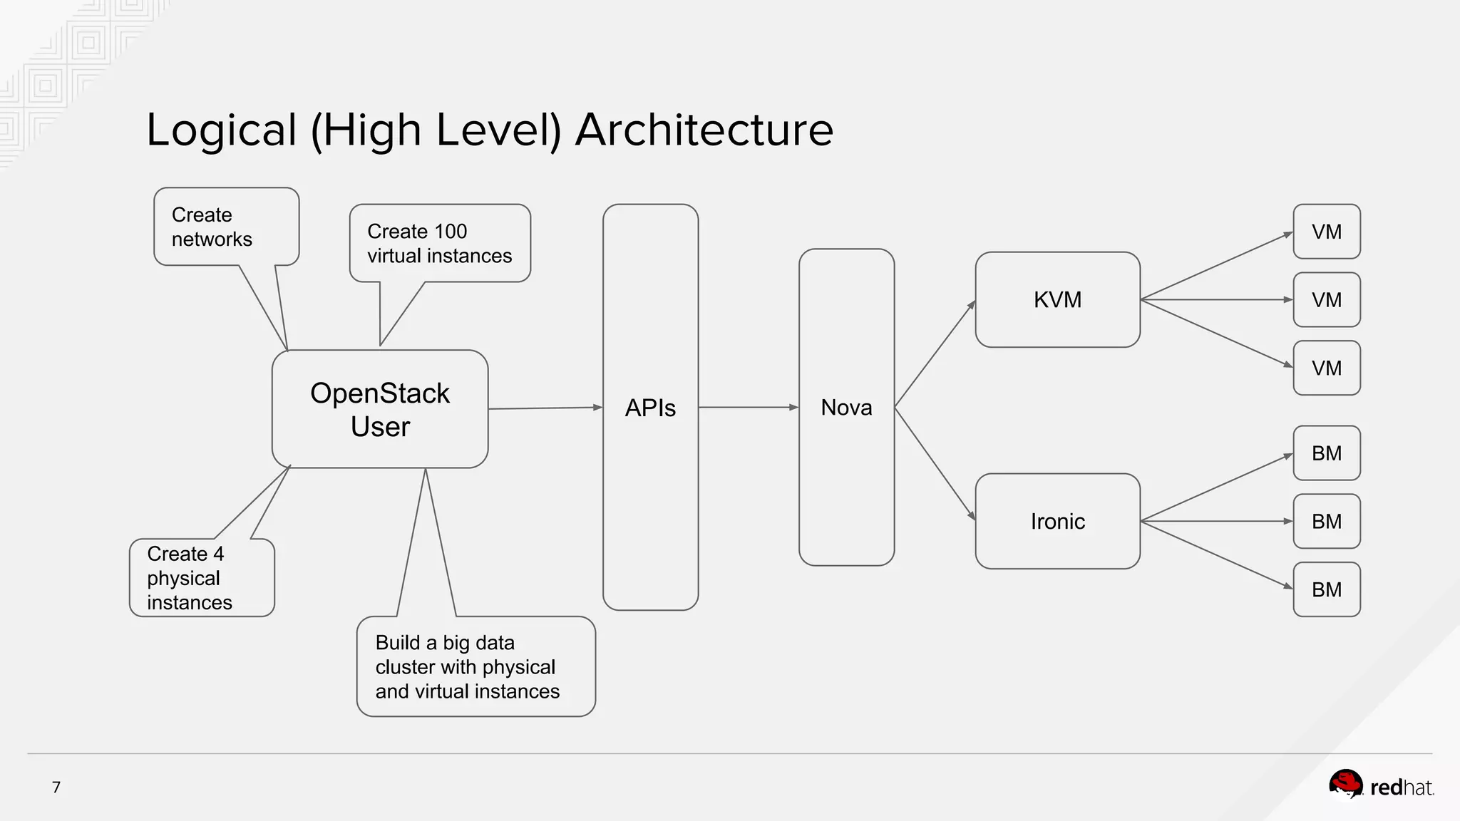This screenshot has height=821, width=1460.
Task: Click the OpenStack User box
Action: [380, 409]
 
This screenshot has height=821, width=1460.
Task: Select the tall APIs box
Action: [650, 407]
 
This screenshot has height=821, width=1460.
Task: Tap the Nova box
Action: [846, 407]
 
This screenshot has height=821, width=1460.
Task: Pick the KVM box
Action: [1057, 299]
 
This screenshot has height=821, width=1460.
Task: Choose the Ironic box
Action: [1057, 521]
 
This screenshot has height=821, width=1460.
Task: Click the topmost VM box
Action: [1326, 232]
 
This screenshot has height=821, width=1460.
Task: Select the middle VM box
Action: [1326, 300]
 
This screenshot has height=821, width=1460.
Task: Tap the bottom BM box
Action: [1326, 589]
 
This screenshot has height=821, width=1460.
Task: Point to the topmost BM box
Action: [1326, 453]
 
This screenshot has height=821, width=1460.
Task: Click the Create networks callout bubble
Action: [226, 227]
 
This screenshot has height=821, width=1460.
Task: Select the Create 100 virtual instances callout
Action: [439, 243]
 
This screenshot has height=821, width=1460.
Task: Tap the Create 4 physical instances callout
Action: [201, 577]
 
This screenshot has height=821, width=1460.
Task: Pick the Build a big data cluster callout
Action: [475, 666]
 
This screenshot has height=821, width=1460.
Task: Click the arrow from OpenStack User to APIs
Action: [545, 408]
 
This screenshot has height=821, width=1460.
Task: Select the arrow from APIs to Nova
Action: [749, 407]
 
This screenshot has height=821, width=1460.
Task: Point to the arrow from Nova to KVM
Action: [935, 353]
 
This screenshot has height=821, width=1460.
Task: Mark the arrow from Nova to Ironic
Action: [935, 463]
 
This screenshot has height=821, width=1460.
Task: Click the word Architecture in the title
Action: [704, 130]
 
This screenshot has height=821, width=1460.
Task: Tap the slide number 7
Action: [56, 787]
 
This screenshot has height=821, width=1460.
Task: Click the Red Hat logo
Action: [1381, 786]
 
